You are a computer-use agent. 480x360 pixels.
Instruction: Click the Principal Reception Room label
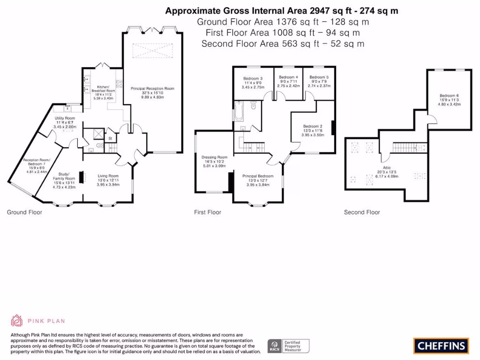(153, 88)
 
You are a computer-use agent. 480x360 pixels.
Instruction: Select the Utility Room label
(65, 118)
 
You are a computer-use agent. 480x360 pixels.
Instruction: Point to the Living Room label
(108, 176)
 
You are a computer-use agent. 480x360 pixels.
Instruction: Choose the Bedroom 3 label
(253, 78)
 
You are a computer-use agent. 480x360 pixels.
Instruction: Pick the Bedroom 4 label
(288, 77)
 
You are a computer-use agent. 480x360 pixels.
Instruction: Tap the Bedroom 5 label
(319, 77)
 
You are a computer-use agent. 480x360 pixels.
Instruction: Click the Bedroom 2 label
(313, 126)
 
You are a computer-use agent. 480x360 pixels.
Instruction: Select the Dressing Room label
(214, 157)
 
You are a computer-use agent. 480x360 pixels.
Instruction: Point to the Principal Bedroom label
(257, 176)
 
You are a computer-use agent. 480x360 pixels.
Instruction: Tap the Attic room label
(387, 167)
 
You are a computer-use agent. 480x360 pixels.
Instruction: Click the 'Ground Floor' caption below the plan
(24, 212)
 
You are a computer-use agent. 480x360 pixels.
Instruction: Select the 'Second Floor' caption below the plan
(362, 212)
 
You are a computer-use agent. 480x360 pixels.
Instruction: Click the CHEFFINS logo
(441, 346)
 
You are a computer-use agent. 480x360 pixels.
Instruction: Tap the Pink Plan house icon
(17, 321)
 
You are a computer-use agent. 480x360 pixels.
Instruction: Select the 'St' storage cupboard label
(110, 139)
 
